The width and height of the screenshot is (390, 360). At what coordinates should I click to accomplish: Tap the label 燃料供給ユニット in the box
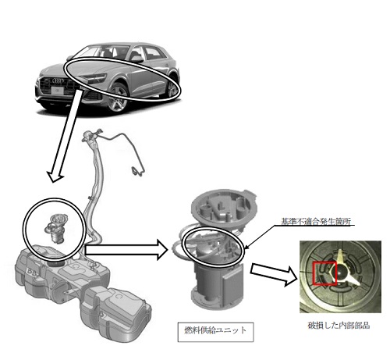(215, 330)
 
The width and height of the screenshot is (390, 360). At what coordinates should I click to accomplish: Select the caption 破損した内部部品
(339, 325)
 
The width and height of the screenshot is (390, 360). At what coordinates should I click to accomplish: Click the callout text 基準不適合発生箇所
(316, 222)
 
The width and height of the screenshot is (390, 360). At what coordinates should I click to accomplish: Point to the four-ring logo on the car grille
(58, 81)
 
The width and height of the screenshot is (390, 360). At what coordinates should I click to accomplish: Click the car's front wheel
(119, 98)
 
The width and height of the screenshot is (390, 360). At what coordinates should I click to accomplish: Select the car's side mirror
(137, 59)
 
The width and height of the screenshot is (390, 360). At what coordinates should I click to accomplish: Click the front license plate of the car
(58, 91)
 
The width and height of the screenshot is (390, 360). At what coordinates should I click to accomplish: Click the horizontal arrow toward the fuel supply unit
(126, 250)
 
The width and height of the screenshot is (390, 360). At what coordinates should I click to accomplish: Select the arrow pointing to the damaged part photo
(274, 274)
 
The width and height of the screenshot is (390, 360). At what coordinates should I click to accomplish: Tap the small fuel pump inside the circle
(56, 228)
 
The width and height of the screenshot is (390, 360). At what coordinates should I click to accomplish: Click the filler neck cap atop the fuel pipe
(87, 135)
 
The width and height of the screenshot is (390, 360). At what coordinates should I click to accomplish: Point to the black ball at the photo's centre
(341, 273)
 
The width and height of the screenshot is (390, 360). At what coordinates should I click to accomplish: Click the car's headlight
(95, 78)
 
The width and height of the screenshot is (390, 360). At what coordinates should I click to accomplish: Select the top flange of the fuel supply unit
(223, 205)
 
